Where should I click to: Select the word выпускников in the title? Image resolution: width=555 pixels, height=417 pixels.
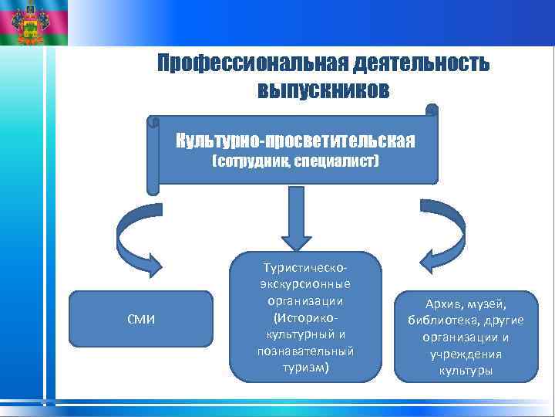pos(323,90)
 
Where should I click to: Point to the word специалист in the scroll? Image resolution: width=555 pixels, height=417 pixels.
pos(336,162)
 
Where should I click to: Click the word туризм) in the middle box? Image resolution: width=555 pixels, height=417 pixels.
pos(307,367)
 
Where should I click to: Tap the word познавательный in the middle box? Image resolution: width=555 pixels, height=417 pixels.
pos(307,351)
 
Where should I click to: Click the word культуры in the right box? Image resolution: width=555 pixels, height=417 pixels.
pos(466,371)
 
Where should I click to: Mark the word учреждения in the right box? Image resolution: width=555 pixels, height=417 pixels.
pos(466,354)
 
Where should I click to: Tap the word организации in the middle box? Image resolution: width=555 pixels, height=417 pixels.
pos(307,300)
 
